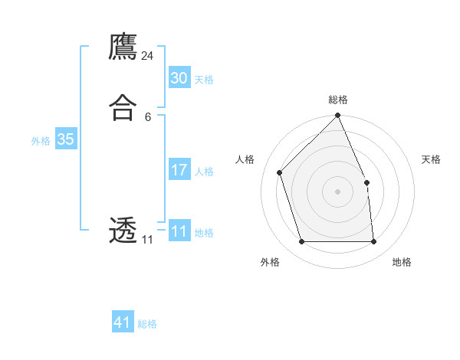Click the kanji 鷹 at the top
[x=123, y=47]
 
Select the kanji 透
[x=123, y=230]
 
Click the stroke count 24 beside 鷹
[x=148, y=56]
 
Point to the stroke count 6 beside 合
[x=147, y=116]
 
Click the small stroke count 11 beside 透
[x=147, y=240]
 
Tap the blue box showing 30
[x=179, y=78]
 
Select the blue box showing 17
[x=179, y=170]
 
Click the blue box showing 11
[x=179, y=231]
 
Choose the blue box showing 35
[x=66, y=139]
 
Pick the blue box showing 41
[x=123, y=322]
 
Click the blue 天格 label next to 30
[x=204, y=79]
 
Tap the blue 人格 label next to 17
[x=204, y=171]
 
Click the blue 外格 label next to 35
[x=41, y=140]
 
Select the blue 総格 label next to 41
[x=147, y=323]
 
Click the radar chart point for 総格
[x=337, y=116]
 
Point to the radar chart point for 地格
[x=373, y=242]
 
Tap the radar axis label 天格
[x=431, y=159]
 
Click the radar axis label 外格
[x=270, y=262]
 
